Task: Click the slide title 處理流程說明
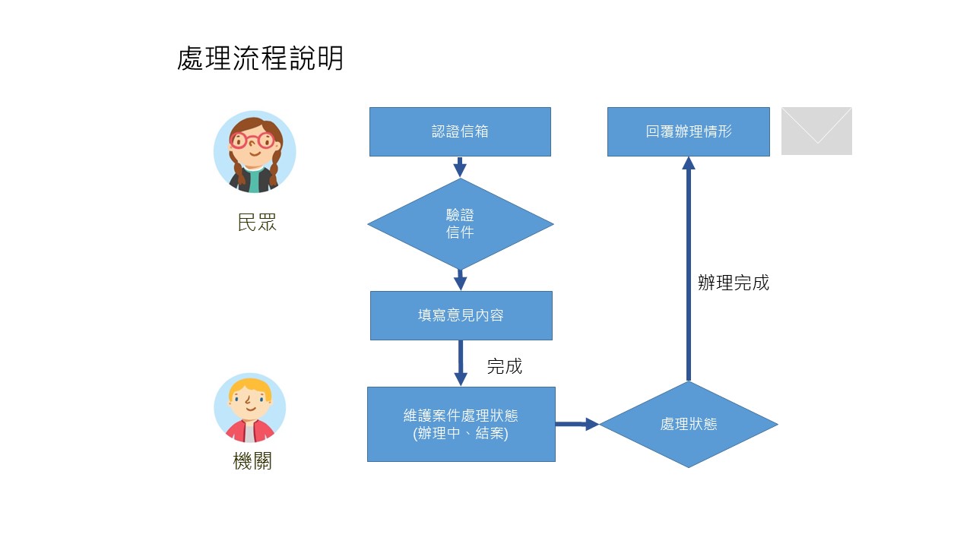click(x=260, y=58)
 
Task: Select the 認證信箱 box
click(x=460, y=131)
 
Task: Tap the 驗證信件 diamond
click(x=460, y=224)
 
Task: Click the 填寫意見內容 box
click(x=461, y=315)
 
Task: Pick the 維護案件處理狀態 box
click(x=461, y=424)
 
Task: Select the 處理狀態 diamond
click(x=688, y=424)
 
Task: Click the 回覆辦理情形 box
click(x=688, y=131)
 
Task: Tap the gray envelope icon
click(x=816, y=131)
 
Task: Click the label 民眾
click(x=256, y=223)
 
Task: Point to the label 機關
click(x=252, y=461)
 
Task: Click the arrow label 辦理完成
click(x=733, y=283)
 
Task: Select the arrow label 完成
click(x=504, y=366)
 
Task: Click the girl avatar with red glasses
click(x=254, y=151)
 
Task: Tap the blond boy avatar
click(x=249, y=409)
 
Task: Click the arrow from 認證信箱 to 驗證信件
click(x=460, y=166)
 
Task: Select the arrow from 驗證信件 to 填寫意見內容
click(x=460, y=280)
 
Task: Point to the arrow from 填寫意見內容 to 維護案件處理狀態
click(x=460, y=363)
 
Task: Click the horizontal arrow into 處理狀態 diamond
click(x=576, y=424)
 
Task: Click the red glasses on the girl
click(x=253, y=141)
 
